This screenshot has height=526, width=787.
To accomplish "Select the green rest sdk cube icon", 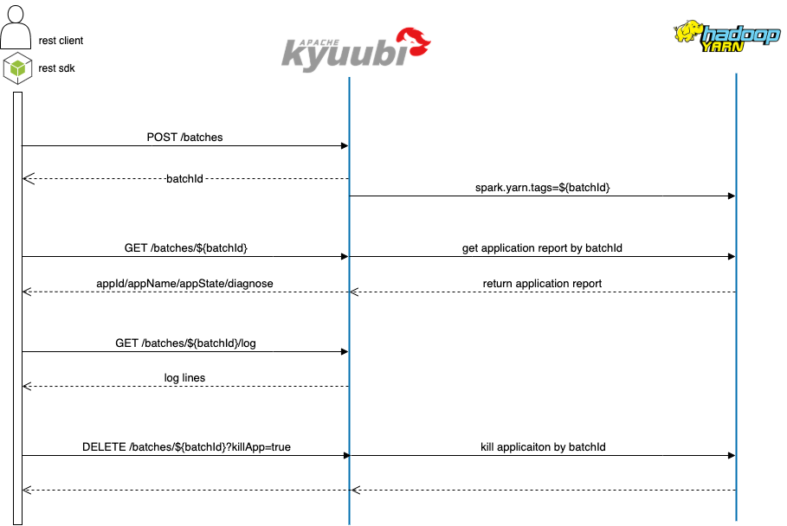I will [x=16, y=68].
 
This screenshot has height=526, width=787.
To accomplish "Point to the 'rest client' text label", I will [x=61, y=41].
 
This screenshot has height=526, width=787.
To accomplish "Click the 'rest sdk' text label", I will [x=57, y=68].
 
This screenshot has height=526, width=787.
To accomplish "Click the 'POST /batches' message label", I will [x=185, y=137].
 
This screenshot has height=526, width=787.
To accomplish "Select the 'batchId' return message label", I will [x=184, y=179].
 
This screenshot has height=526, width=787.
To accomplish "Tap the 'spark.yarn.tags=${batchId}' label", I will [x=543, y=188].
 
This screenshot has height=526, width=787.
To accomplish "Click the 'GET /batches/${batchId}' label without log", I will [x=185, y=248].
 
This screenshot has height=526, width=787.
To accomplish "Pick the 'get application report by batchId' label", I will [x=542, y=248].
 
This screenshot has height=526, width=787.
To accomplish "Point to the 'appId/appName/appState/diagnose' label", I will [x=185, y=284].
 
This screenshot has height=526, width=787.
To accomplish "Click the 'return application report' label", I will [x=542, y=284].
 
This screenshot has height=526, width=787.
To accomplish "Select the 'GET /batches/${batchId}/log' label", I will [x=185, y=343].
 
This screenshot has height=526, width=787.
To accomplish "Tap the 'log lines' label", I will [x=184, y=378].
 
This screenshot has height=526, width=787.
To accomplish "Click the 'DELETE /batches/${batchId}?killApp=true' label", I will [x=185, y=447].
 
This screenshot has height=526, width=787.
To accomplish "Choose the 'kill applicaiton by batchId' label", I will [x=543, y=447].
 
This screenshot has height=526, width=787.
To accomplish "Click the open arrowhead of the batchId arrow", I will [x=27, y=179].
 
